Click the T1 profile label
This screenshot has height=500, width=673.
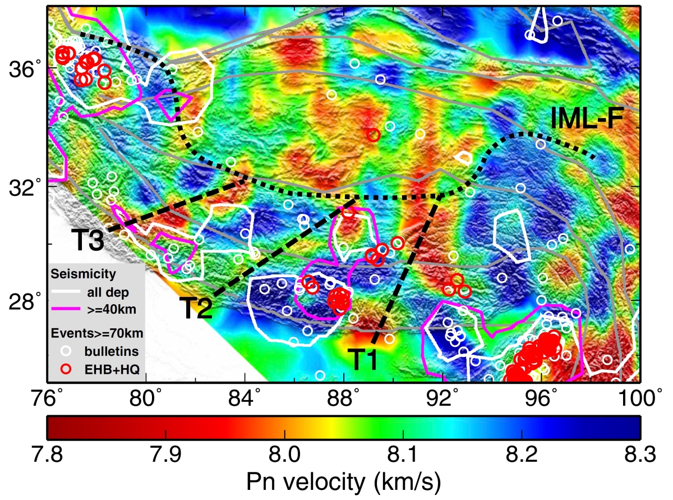364,359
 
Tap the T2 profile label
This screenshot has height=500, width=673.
196,308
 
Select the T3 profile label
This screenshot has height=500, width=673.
88,241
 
